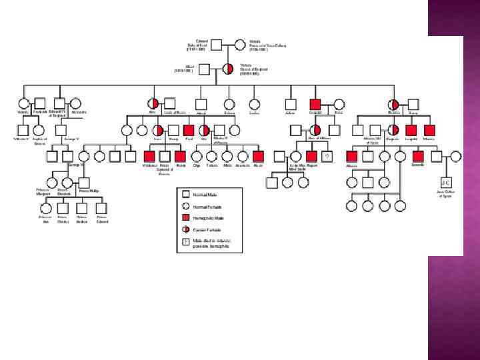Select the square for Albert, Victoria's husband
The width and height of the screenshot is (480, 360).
click(205, 69)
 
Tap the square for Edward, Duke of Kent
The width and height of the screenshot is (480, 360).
click(217, 45)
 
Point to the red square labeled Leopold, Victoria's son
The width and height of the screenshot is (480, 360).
click(315, 104)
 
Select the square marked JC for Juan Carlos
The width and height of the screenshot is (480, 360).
click(445, 182)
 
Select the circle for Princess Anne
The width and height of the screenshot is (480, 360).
click(45, 208)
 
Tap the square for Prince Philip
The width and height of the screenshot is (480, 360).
click(84, 181)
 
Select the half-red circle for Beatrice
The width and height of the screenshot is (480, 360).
click(393, 104)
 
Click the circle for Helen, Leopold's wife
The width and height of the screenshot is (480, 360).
click(339, 104)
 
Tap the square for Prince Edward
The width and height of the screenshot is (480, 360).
click(102, 208)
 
